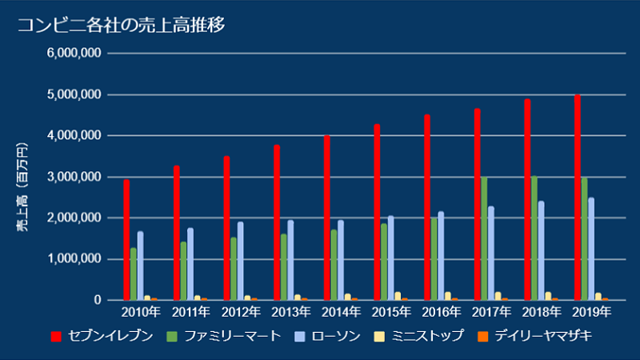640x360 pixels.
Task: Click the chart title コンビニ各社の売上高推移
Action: click(x=121, y=25)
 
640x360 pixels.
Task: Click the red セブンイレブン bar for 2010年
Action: click(x=126, y=240)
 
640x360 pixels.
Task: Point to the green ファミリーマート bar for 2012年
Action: click(x=234, y=269)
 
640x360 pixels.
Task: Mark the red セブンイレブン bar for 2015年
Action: click(x=377, y=212)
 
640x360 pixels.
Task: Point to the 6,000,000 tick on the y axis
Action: click(x=74, y=54)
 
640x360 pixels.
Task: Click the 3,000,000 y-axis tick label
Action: click(x=74, y=177)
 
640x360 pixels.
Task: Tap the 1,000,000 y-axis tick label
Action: click(x=74, y=259)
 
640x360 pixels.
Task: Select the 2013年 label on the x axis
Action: click(x=291, y=312)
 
